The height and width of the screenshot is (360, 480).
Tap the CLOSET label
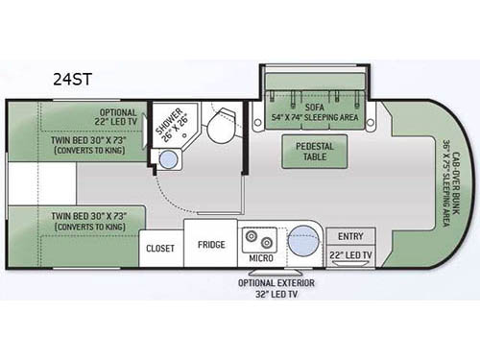[160, 247]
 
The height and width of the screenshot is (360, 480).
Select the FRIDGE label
[211, 245]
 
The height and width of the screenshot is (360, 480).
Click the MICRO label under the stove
[260, 259]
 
